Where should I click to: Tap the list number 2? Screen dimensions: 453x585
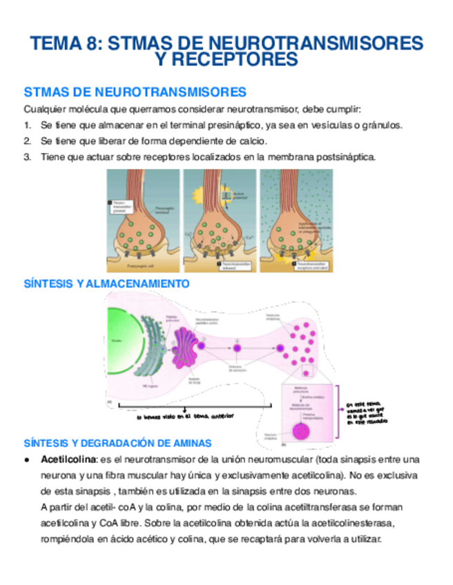[x=27, y=141]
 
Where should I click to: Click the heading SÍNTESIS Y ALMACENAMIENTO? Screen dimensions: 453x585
[x=106, y=283]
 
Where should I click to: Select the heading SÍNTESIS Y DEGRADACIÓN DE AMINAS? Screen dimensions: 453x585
[x=117, y=442]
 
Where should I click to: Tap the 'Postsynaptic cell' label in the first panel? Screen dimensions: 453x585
[x=139, y=264]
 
